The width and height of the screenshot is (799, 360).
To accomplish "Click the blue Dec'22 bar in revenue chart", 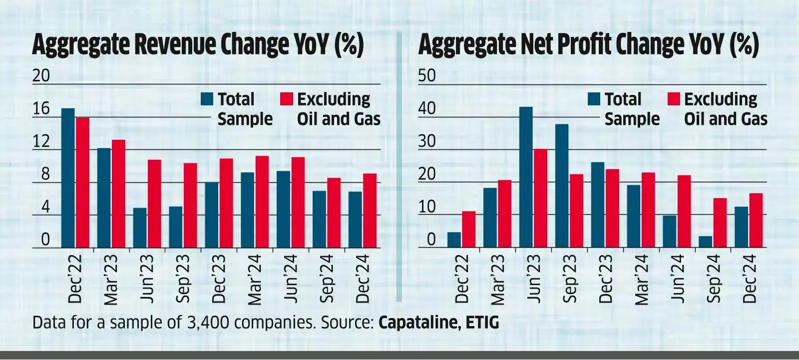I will (x=68, y=178).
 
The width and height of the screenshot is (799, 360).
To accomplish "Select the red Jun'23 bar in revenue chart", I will (x=154, y=204).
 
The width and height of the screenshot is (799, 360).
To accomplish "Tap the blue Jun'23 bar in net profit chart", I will (x=526, y=177).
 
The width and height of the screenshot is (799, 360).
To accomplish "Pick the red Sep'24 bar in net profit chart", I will (x=720, y=223).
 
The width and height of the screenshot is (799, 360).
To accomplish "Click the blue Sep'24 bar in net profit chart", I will (x=705, y=242).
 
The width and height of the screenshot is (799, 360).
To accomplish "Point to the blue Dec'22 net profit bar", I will (x=454, y=240).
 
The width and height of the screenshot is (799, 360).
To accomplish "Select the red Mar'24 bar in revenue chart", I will (x=262, y=202).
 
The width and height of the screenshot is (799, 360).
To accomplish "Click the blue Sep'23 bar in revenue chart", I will (x=175, y=227).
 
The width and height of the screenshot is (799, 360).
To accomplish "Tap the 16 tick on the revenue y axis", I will (x=41, y=109).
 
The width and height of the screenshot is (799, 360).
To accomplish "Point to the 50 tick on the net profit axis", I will (x=427, y=76).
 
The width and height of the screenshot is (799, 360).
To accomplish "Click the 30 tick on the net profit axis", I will (x=427, y=142).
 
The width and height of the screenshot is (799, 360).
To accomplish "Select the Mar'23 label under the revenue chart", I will (x=111, y=280).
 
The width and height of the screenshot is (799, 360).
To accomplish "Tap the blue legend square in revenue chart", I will (x=207, y=99).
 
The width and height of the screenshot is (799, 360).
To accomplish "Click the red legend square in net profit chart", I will (x=674, y=99).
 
